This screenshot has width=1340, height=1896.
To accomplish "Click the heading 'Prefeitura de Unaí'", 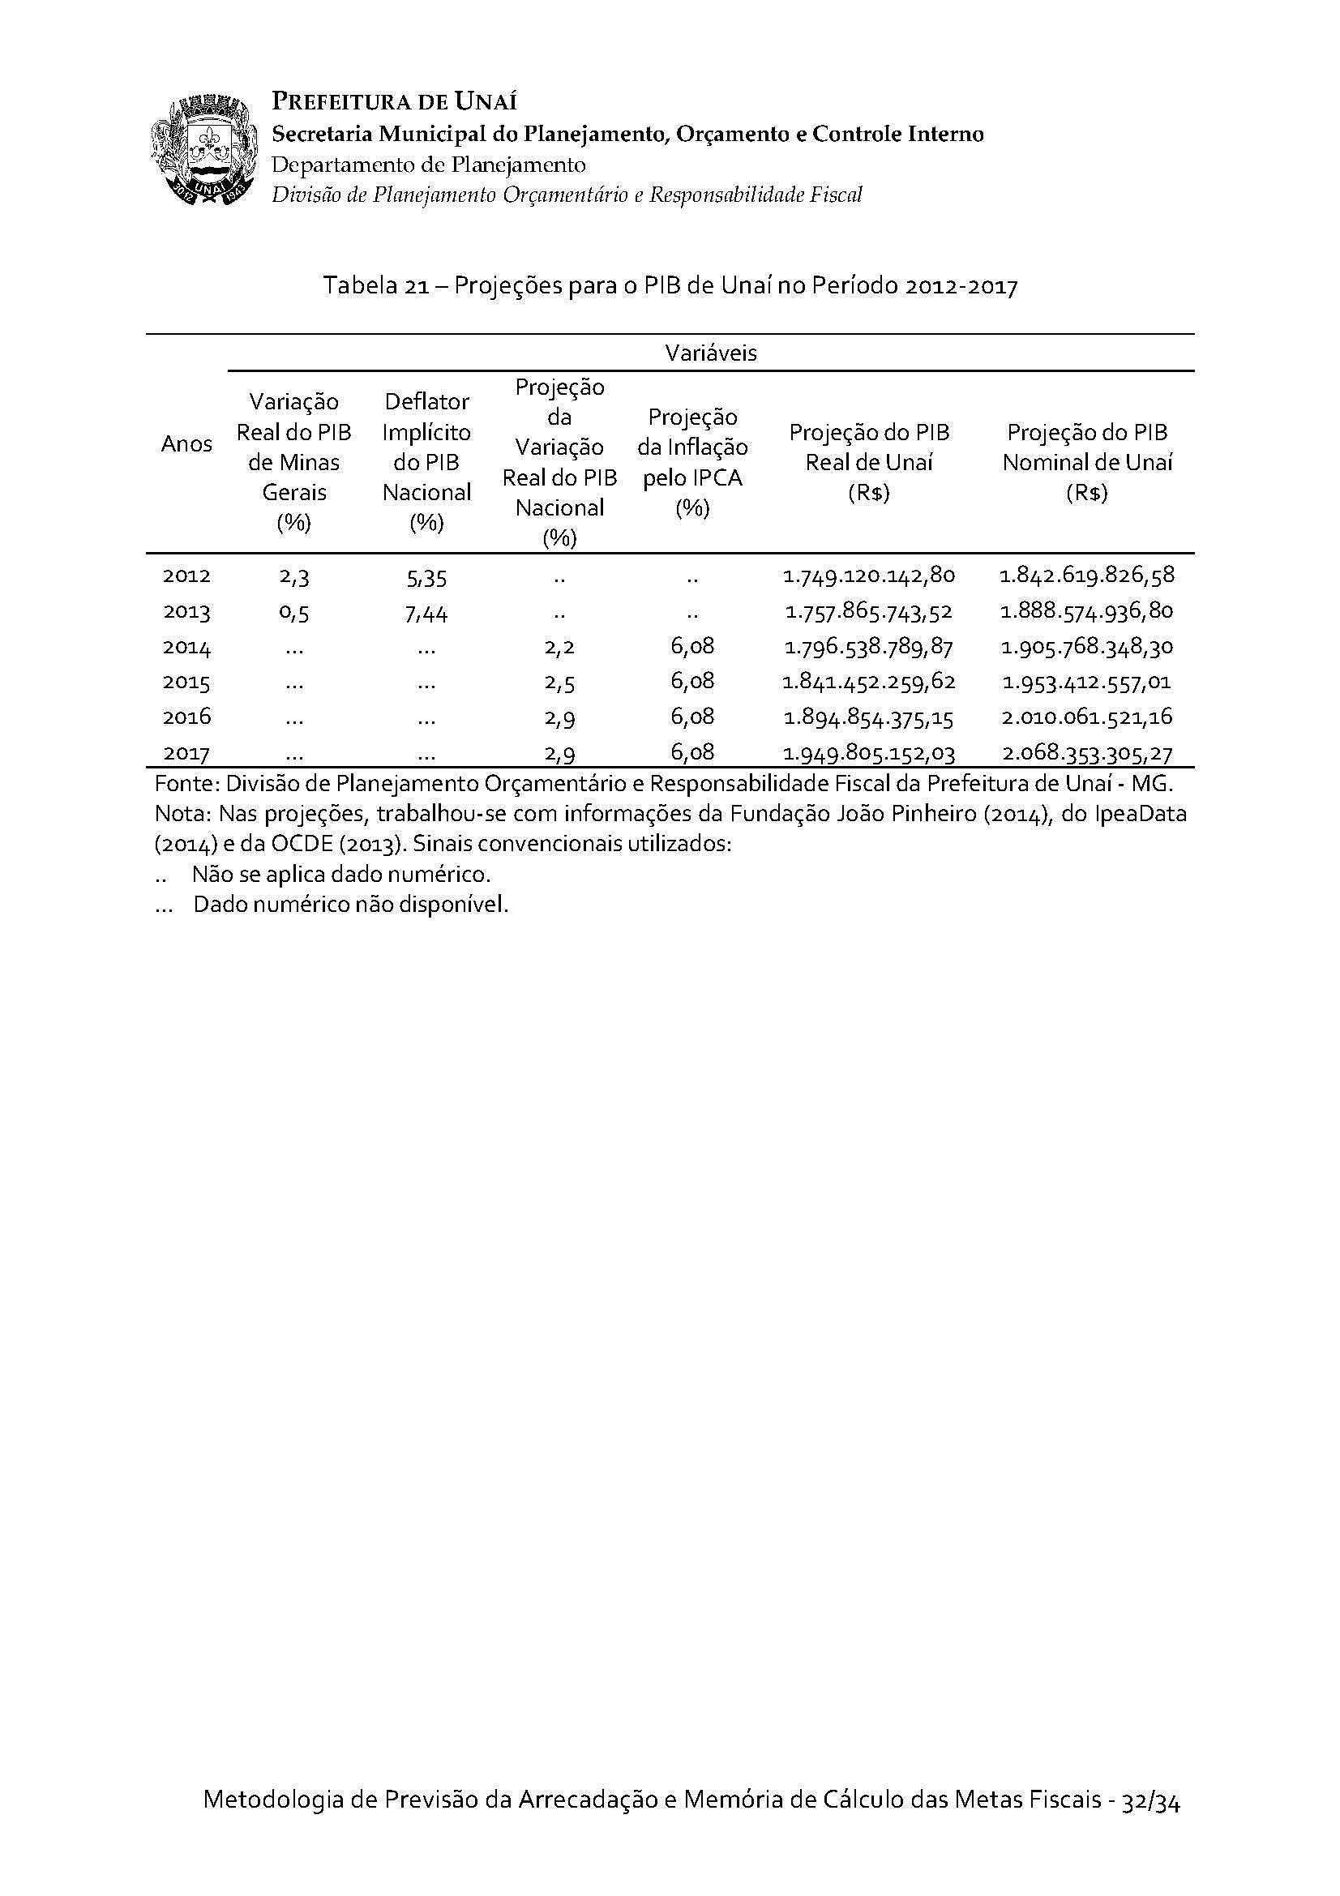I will click(x=394, y=101).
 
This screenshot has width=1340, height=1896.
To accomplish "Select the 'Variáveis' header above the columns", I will click(x=710, y=353).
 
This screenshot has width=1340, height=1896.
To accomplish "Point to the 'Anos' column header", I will click(x=186, y=444).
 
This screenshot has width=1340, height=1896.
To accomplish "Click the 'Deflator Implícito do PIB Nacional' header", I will click(x=427, y=461).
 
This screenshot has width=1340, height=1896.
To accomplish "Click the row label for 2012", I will click(x=186, y=576).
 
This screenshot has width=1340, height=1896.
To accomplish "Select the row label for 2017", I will click(x=186, y=753).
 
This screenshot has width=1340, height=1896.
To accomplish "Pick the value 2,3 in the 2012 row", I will click(x=294, y=576).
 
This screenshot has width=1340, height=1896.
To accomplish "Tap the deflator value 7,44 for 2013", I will click(x=427, y=613).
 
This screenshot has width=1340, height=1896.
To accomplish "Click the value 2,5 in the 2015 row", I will click(x=559, y=682).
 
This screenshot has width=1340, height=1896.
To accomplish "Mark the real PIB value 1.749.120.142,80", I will click(x=868, y=576).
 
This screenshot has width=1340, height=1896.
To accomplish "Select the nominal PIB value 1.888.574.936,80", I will click(x=1086, y=611).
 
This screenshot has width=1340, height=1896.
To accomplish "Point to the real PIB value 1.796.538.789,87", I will click(x=868, y=647).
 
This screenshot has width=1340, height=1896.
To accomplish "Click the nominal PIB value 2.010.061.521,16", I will click(x=1086, y=717).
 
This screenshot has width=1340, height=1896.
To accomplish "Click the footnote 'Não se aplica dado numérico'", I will click(x=341, y=874).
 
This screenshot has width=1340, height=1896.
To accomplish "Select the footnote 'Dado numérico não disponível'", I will click(x=350, y=905).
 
